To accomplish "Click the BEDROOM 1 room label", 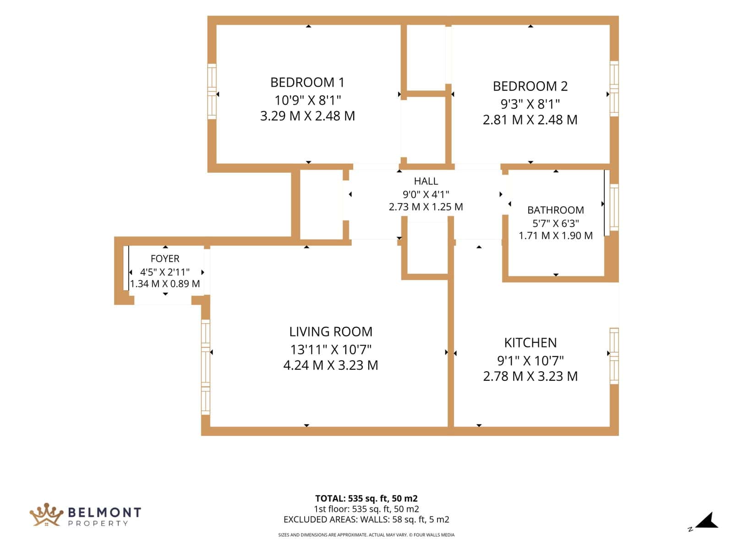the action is coord(307,82).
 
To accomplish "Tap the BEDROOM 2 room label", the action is coord(530,86).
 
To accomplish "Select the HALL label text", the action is coord(426,181).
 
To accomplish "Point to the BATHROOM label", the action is coord(555,210).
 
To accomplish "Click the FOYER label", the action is coord(165,259).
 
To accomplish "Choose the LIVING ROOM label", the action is coord(331,332).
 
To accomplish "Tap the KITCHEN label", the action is coord(531,343).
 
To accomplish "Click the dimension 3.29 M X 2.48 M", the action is coord(307,116).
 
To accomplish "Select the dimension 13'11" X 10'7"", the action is coord(331,350).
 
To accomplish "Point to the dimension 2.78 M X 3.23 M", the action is coord(531,376).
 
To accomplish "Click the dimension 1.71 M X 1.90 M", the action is coord(555,236).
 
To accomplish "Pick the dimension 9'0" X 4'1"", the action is coord(426,194).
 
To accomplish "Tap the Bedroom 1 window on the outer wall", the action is coord(212,91).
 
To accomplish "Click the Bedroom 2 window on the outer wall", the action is coord(614,88).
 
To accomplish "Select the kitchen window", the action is coord(614,356).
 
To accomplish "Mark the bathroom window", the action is coord(614,207).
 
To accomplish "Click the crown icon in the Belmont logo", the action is coord(46,515).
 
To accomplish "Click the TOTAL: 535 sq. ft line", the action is coord(366,499).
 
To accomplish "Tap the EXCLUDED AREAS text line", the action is coord(366,520).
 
